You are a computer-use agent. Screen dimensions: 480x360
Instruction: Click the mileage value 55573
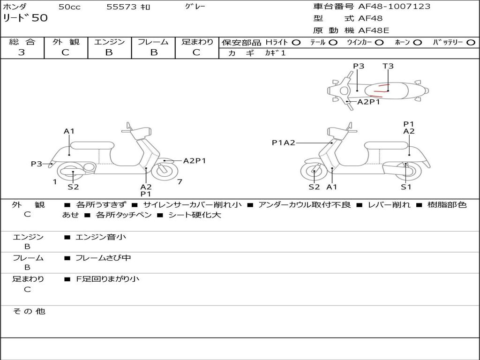[x=121, y=7]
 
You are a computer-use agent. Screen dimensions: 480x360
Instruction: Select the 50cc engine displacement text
[x=69, y=7]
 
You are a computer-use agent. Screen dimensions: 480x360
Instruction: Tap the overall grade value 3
[x=22, y=52]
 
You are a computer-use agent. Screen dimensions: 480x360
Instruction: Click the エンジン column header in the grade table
[x=109, y=42]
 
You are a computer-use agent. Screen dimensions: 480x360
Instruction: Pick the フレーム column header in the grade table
[x=153, y=42]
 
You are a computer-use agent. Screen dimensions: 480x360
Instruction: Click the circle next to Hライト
[x=296, y=42]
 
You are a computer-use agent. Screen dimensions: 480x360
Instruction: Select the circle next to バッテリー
[x=471, y=42]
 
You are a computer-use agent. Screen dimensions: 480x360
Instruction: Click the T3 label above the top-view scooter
[x=388, y=66]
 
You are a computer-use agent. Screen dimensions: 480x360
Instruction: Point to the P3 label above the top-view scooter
[x=359, y=66]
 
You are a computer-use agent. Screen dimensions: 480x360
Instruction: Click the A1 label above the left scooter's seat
[x=69, y=131]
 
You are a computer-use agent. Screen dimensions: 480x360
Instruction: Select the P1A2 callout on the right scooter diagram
[x=284, y=142]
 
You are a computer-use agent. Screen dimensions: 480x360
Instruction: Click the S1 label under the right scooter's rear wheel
[x=406, y=187]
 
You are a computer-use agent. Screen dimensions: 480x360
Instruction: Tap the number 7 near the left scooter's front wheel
[x=180, y=182]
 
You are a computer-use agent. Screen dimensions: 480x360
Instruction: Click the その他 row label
[x=29, y=311]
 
